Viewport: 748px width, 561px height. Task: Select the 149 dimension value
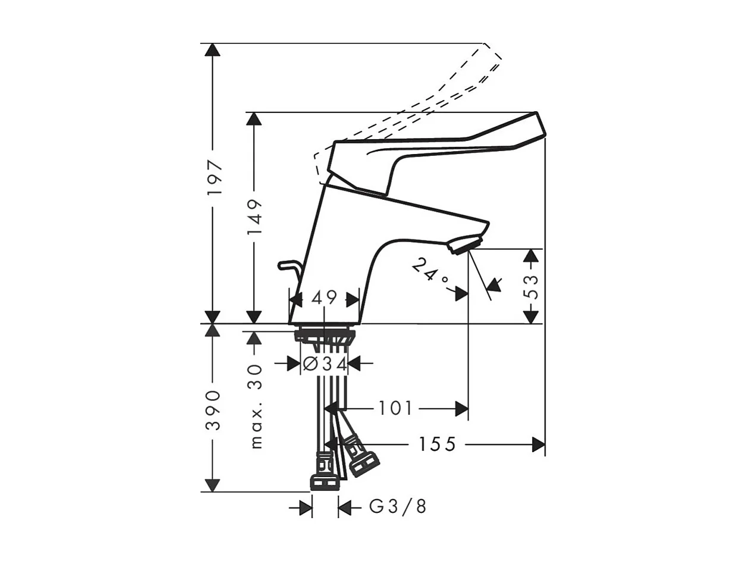click(254, 216)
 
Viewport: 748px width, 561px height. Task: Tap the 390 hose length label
click(212, 410)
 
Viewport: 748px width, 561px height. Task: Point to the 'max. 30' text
click(256, 406)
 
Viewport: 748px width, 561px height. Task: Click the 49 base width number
click(324, 298)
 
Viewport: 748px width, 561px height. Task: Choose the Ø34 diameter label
click(325, 363)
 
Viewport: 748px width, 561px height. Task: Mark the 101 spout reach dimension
click(395, 409)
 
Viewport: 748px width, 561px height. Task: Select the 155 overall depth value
click(437, 444)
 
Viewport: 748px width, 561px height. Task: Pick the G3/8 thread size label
click(398, 507)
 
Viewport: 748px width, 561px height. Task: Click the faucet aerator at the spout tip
click(466, 244)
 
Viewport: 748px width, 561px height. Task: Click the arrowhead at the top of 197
click(212, 49)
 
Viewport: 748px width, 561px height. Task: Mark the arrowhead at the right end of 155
click(539, 444)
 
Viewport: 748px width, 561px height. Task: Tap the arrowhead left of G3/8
click(306, 507)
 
